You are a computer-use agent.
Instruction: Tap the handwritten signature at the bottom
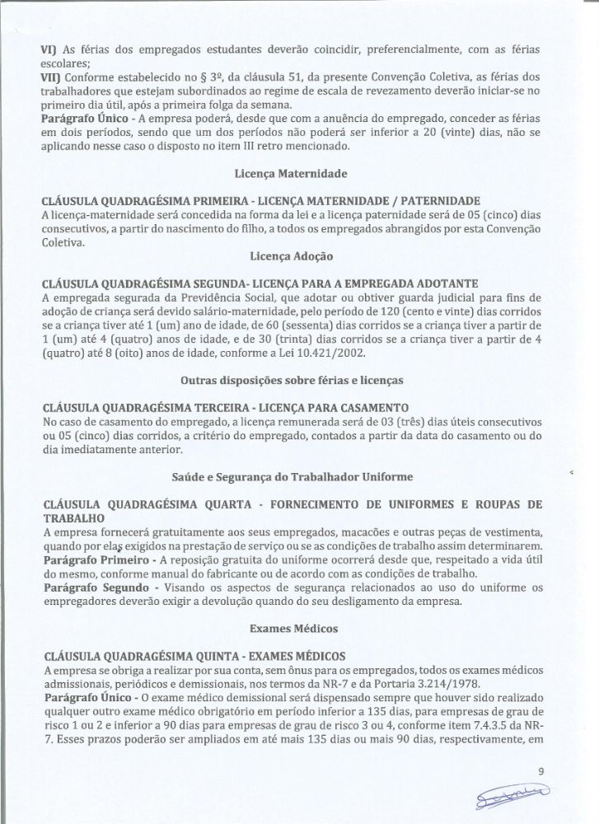[x=517, y=797]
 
